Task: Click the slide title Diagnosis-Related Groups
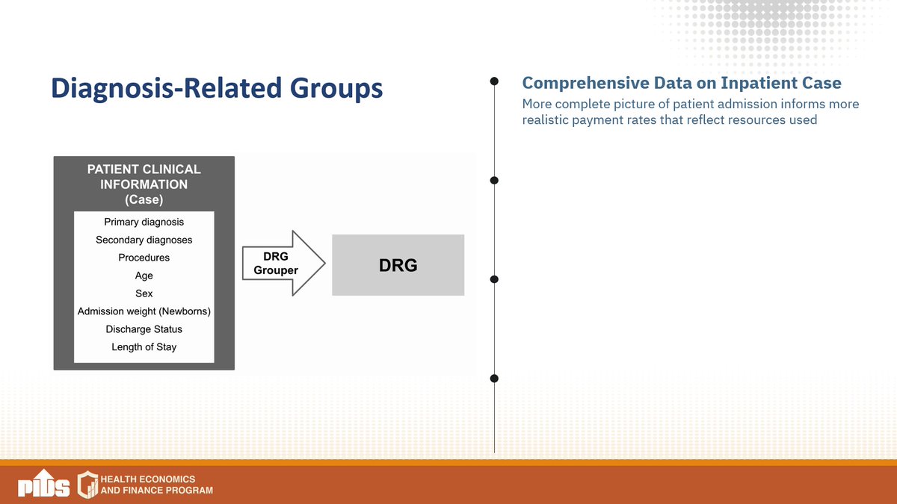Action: coord(216,88)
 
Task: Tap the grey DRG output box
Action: coord(398,265)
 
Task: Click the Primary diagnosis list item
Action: coord(144,222)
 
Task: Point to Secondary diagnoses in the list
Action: coord(144,240)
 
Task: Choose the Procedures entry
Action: coord(144,258)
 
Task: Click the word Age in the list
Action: coord(144,276)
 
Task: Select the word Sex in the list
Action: coord(144,293)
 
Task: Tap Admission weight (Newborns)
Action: coord(144,311)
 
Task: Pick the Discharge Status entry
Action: coord(144,329)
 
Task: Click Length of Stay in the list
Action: coord(144,347)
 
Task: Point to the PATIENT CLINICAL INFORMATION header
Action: coord(144,177)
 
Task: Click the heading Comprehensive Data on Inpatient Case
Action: coord(681,83)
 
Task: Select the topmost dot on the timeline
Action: coord(494,81)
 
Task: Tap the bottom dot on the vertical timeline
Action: coord(494,379)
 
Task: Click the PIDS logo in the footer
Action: coord(43,485)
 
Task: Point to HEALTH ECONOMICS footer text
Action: coord(152,479)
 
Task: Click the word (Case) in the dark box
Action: coord(144,199)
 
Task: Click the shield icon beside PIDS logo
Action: coord(88,484)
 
